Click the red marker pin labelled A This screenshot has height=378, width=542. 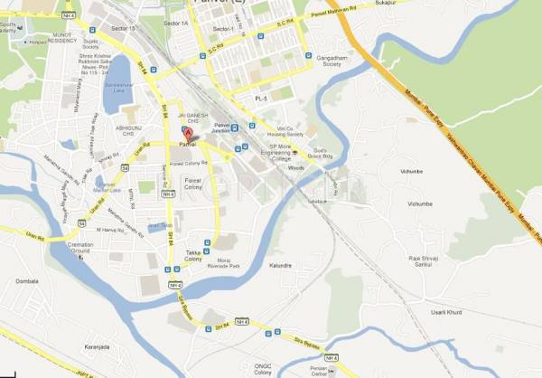pyautogui.click(x=187, y=134)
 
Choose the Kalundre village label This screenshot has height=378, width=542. pyautogui.click(x=282, y=266)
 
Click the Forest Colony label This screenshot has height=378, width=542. pyautogui.click(x=192, y=184)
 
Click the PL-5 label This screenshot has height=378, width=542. pyautogui.click(x=262, y=97)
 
